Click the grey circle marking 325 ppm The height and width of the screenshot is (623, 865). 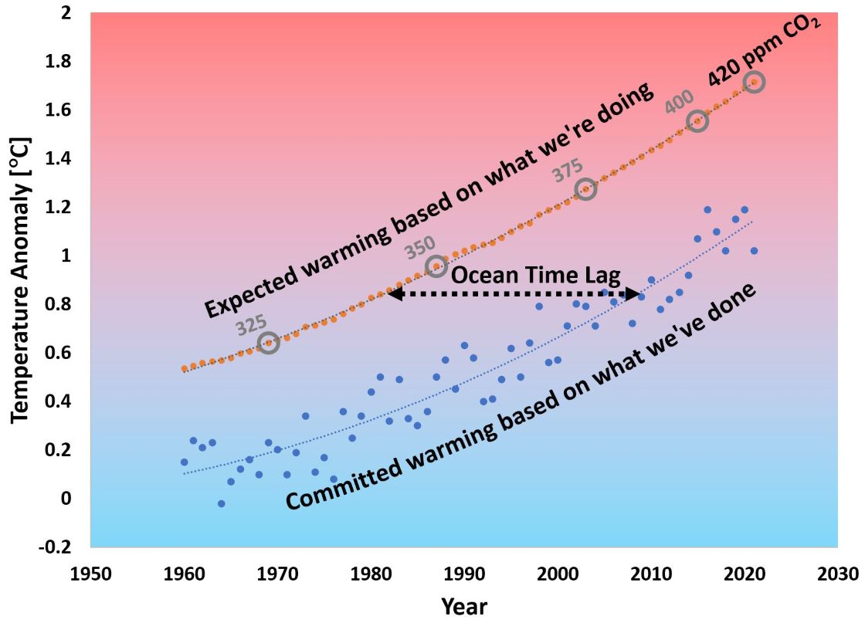coord(268,342)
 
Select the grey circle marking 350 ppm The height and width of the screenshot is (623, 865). coord(437,266)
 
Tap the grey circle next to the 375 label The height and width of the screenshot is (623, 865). coord(585,189)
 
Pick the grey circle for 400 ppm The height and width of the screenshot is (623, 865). coord(698,120)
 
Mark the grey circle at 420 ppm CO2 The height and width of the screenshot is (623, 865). coord(754,81)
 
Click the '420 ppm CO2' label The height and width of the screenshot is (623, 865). coord(764,52)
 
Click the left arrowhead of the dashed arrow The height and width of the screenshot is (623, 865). coord(394,293)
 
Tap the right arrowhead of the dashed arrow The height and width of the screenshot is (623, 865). coord(634,293)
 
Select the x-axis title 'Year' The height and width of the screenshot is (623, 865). coord(463,607)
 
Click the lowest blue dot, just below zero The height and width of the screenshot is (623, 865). coord(221,503)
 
